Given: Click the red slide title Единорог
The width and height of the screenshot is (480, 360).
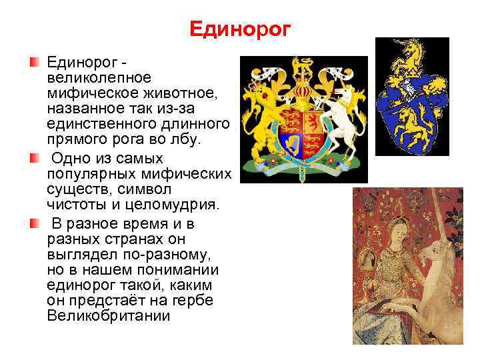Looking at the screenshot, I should (x=240, y=28).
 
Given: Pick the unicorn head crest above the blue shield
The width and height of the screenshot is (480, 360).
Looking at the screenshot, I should (x=407, y=53).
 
